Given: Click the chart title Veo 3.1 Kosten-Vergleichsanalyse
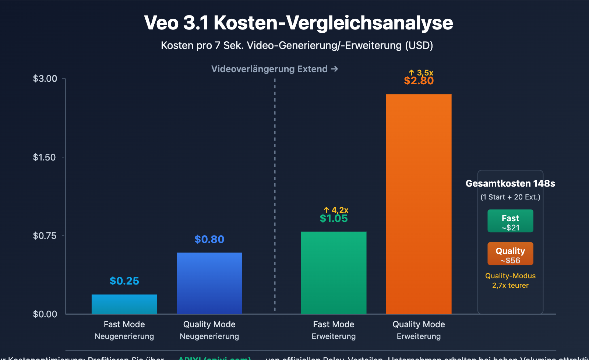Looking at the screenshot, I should tap(298, 23).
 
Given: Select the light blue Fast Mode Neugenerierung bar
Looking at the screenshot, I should tap(124, 304).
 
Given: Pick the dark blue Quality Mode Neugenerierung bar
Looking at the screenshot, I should tap(209, 283).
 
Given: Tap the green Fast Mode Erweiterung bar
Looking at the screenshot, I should tap(334, 273).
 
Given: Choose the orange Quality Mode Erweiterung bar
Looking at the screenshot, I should tap(419, 204).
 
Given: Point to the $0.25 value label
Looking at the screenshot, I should tap(124, 281).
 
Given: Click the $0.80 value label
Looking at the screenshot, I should tap(209, 239).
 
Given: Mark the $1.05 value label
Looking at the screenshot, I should tap(334, 219).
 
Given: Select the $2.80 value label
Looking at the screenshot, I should tap(419, 81).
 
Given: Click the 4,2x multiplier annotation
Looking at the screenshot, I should tap(336, 210).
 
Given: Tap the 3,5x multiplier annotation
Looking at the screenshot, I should tap(421, 73).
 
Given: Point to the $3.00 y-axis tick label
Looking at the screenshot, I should tap(45, 78).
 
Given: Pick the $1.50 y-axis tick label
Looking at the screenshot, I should tap(44, 157).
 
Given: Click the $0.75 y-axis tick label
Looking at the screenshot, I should tap(45, 236).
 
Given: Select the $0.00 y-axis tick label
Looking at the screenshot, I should tap(45, 314).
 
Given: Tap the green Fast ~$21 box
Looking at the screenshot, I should tap(510, 221).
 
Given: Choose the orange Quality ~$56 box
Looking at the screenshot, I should tap(510, 254).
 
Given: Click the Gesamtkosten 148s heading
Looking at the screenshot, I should tap(510, 183).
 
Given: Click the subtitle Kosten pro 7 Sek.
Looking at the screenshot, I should tap(297, 45).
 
